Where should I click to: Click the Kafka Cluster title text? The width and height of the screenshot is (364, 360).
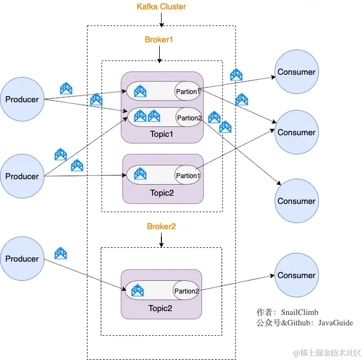[x=161, y=7]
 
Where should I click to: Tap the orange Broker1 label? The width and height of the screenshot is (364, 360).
[x=159, y=40]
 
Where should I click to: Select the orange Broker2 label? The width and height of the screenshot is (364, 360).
[x=161, y=226]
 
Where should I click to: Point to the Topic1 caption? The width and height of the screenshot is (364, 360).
[x=162, y=134]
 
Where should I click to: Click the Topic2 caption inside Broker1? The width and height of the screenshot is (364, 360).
[x=162, y=193]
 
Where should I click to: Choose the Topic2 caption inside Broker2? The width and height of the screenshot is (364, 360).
[x=160, y=308]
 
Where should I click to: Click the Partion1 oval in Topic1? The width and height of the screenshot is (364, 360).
[x=188, y=91]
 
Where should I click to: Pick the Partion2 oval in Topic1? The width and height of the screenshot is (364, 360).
[x=189, y=118]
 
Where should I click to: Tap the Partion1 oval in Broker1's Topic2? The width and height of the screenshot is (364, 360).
[x=187, y=175]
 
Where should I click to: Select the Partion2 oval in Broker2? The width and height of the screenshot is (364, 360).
[x=186, y=291]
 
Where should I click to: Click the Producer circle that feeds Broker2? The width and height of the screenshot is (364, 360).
[x=22, y=259]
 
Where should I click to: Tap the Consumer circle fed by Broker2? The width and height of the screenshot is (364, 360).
[x=296, y=275]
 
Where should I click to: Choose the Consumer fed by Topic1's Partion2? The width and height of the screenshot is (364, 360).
[x=296, y=201]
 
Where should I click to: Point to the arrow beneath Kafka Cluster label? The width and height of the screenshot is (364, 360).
[x=161, y=20]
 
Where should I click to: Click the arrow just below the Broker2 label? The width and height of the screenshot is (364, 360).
[x=161, y=240]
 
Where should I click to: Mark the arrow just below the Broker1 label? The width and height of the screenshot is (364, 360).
[x=159, y=53]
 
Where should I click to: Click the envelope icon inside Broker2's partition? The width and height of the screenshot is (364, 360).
[x=138, y=290]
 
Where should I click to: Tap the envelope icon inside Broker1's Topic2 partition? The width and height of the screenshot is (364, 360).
[x=140, y=175]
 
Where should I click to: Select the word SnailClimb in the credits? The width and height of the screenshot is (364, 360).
[x=299, y=312]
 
